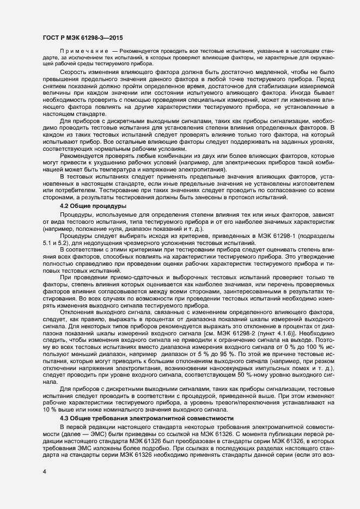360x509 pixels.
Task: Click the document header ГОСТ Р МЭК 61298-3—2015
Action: tap(82, 38)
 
